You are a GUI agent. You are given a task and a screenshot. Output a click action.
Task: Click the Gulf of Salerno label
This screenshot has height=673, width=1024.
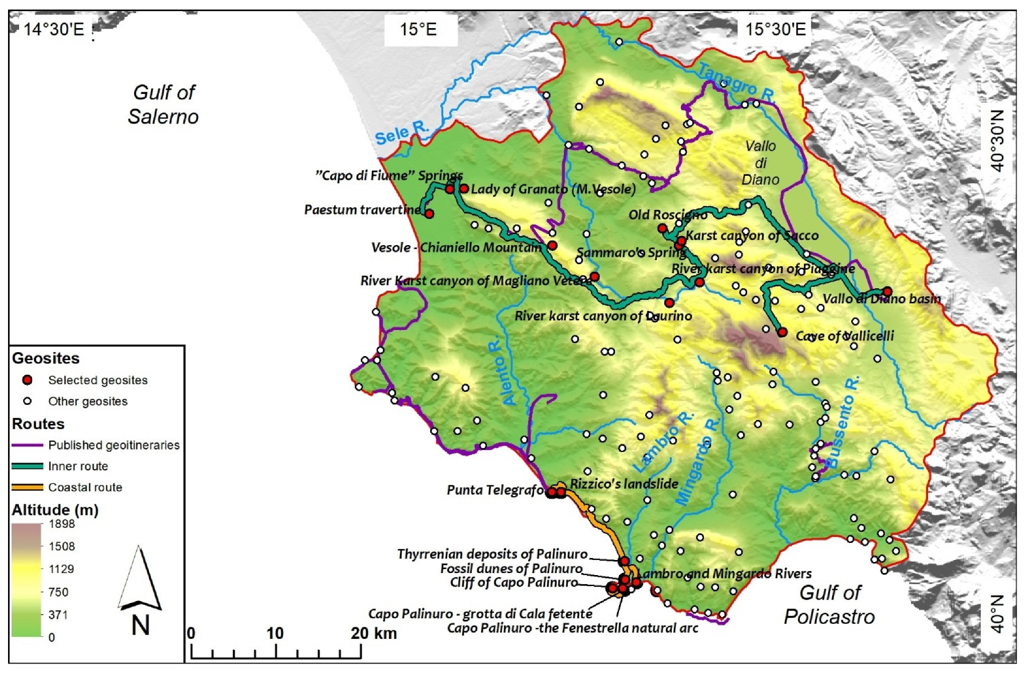tap(163, 104)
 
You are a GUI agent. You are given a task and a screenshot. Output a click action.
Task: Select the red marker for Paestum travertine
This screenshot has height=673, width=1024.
tap(429, 213)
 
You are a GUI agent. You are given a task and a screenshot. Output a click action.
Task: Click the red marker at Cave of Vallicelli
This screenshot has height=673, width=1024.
tap(782, 332)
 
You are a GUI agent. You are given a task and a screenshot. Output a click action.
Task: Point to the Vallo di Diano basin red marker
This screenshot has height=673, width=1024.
tap(887, 291)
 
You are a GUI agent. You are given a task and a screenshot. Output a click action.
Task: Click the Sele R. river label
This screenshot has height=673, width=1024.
tap(402, 133)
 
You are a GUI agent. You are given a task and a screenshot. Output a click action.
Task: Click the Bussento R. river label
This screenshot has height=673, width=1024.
tap(842, 423)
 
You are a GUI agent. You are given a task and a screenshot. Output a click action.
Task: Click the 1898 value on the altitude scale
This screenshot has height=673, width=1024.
tap(61, 524)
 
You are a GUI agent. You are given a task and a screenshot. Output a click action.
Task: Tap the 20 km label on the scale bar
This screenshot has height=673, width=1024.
tap(374, 633)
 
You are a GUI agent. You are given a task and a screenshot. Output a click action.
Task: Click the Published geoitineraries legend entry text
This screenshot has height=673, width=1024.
tap(114, 445)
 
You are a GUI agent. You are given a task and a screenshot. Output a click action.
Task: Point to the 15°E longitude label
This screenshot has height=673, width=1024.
tap(418, 30)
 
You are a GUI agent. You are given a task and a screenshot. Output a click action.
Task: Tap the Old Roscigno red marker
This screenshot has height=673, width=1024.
tap(663, 229)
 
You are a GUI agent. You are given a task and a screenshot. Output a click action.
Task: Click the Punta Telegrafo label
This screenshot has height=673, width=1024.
tap(495, 490)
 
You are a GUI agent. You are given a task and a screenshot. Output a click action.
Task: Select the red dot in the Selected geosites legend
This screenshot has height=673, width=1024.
tap(28, 380)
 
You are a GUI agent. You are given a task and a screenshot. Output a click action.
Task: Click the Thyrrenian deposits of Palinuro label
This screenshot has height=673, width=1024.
tap(492, 554)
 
